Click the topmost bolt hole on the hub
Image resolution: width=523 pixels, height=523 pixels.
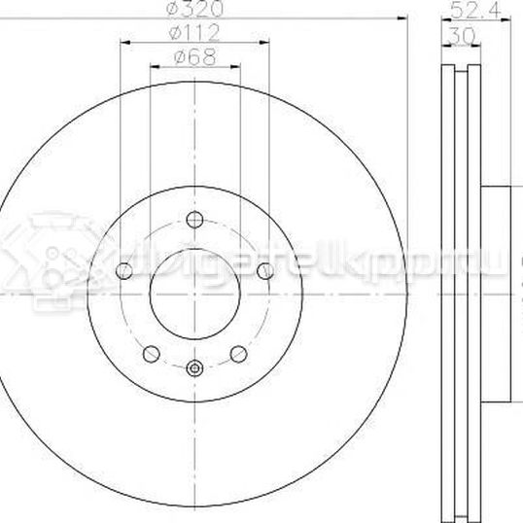(193, 218)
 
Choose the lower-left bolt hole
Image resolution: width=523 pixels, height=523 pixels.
(150, 353)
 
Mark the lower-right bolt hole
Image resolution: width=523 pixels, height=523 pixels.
(238, 353)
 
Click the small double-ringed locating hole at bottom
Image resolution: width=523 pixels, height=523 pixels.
(193, 367)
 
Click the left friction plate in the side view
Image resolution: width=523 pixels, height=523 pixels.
(448, 292)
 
